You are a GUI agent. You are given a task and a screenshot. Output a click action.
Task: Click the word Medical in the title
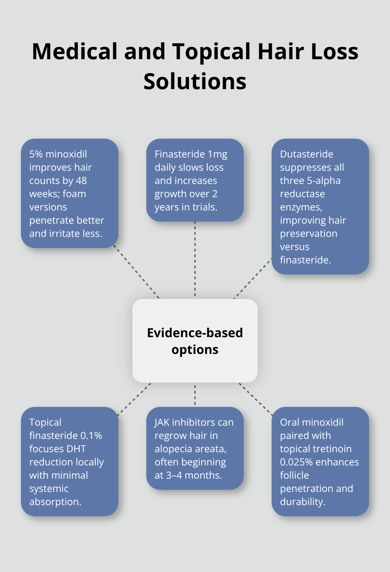[x=75, y=52]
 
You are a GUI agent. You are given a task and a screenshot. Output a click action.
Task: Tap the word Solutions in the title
[x=195, y=82]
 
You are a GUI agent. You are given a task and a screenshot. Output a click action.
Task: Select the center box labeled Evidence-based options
[x=195, y=341]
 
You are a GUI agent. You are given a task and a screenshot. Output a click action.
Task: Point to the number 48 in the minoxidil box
[x=81, y=180]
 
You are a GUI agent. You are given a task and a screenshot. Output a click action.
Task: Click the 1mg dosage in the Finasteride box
[x=218, y=154]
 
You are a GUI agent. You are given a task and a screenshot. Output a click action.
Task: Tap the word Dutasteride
[x=306, y=154]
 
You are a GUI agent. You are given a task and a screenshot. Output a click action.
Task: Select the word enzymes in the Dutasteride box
[x=301, y=207]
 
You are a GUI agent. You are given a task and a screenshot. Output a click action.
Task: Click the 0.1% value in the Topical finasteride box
[x=91, y=435]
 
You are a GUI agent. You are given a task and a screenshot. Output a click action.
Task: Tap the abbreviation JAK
[x=162, y=422]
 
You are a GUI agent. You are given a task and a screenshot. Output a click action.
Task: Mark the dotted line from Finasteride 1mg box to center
[x=195, y=260]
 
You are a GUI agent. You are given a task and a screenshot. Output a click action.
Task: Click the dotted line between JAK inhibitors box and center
[x=195, y=395]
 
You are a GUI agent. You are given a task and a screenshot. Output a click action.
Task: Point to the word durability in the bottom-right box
[x=302, y=502]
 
